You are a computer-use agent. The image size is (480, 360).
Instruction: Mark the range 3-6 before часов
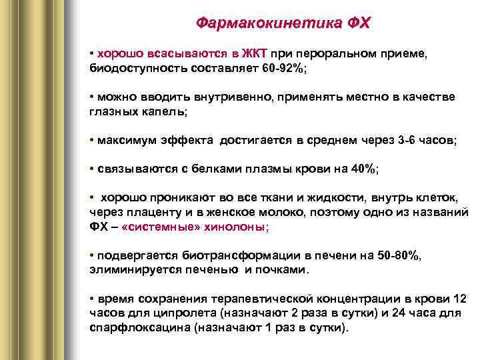point(408,141)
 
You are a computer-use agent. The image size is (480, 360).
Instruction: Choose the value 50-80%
point(397,255)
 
